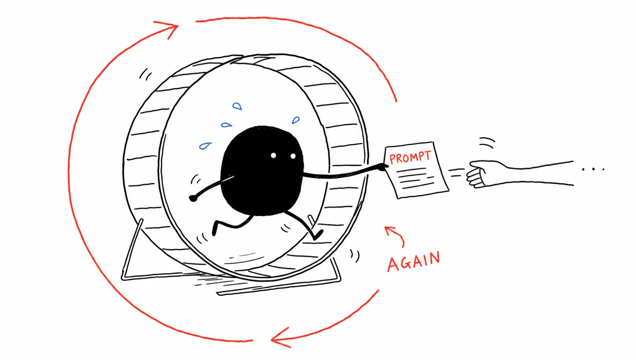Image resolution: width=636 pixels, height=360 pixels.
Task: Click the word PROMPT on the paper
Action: (410, 157)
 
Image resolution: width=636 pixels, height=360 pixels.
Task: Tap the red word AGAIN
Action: (414, 261)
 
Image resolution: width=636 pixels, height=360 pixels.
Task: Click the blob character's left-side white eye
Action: (273, 155)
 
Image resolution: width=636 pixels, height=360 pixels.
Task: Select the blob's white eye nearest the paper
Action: (293, 156)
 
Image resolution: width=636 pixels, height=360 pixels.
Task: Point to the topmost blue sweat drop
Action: (237, 106)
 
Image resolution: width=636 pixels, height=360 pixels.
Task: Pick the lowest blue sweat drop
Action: (205, 146)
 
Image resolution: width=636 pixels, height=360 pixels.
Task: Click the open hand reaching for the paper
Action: (480, 174)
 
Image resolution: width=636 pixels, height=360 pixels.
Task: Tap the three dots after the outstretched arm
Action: (593, 169)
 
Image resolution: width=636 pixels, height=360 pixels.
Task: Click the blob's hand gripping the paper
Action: (383, 166)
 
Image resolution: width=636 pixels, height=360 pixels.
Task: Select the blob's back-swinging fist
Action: (193, 198)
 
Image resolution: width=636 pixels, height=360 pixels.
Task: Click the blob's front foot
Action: (318, 235)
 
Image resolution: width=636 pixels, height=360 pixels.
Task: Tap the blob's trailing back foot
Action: (215, 230)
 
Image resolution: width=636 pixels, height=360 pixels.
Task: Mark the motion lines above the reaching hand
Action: (487, 143)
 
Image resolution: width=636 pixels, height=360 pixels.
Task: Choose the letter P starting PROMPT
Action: (393, 159)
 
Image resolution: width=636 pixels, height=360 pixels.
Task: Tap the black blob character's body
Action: (262, 170)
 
